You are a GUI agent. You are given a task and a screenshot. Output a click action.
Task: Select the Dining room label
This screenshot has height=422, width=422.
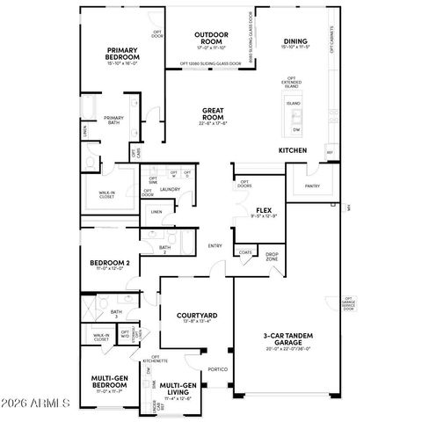[x=295, y=40]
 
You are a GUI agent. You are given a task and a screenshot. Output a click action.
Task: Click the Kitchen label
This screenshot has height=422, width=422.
[x=292, y=150]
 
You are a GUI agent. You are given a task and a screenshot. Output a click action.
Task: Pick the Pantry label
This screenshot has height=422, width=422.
[x=312, y=186]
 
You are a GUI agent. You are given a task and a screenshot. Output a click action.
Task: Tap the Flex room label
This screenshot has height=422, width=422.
[x=262, y=210]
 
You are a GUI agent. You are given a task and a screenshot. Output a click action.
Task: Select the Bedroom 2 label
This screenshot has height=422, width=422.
[x=110, y=264]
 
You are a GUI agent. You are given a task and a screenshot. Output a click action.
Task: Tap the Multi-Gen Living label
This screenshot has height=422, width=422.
[x=178, y=388]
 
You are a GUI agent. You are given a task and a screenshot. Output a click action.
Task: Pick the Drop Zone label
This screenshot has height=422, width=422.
[x=273, y=257]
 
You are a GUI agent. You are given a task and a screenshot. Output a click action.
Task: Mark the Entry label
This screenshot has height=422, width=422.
[x=215, y=245]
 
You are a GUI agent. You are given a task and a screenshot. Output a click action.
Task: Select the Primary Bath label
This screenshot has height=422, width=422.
[x=114, y=120]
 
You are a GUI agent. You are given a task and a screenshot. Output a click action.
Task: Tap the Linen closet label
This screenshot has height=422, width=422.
[x=156, y=212]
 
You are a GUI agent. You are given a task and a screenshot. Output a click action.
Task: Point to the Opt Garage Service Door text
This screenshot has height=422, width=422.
[x=348, y=303]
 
